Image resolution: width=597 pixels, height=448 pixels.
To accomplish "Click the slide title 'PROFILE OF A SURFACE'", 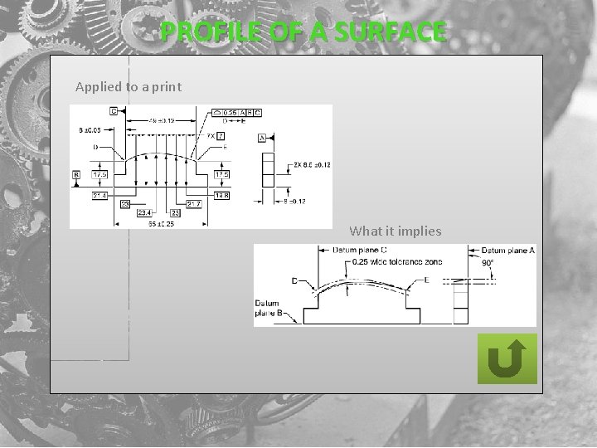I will coord(303,32).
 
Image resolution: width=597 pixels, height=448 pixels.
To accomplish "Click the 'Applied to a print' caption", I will coord(129,86).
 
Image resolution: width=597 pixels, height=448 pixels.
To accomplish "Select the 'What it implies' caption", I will coord(396,231).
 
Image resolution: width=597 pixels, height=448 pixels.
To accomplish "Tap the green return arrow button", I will coord(507,358).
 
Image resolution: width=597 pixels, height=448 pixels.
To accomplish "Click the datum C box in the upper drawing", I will coord(113,111).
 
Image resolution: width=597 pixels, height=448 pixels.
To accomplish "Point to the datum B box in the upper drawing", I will coord(76,175).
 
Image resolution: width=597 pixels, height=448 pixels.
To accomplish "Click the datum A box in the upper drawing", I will coord(262,139).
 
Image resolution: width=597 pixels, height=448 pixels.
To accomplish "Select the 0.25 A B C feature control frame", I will coord(237,111).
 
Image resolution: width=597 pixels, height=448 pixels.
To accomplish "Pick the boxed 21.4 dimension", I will coord(99,194).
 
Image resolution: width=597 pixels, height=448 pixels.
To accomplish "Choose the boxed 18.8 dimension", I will coord(222,195).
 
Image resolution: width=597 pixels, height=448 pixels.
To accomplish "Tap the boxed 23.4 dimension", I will coord(142,212).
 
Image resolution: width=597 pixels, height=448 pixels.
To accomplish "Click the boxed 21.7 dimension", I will coord(193,203).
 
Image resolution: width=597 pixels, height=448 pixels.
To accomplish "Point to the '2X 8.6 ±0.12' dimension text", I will coord(312,165).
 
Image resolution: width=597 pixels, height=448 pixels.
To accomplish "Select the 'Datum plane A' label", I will coord(507,250).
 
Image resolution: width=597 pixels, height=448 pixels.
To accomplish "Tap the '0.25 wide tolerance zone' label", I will coord(396,262).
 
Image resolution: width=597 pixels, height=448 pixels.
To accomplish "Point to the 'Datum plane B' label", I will coord(269,308).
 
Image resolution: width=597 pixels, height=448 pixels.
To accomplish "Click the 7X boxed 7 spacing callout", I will coord(216,135).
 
